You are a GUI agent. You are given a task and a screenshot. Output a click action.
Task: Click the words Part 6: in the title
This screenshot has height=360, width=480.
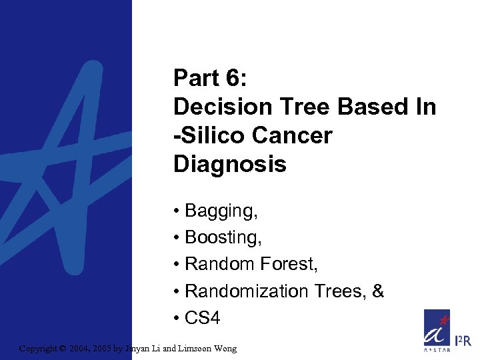pyautogui.click(x=210, y=78)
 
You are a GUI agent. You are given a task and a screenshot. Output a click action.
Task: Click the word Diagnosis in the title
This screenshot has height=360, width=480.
pyautogui.click(x=229, y=164)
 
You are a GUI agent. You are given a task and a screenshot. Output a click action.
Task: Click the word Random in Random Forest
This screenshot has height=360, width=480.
pyautogui.click(x=216, y=264)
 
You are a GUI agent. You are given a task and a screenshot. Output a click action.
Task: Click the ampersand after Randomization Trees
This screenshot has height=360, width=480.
pyautogui.click(x=378, y=291)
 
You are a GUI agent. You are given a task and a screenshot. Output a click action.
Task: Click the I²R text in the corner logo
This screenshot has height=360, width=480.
pyautogui.click(x=463, y=342)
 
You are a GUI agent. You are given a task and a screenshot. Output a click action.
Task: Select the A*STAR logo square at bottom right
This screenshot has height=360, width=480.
pyautogui.click(x=437, y=331)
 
